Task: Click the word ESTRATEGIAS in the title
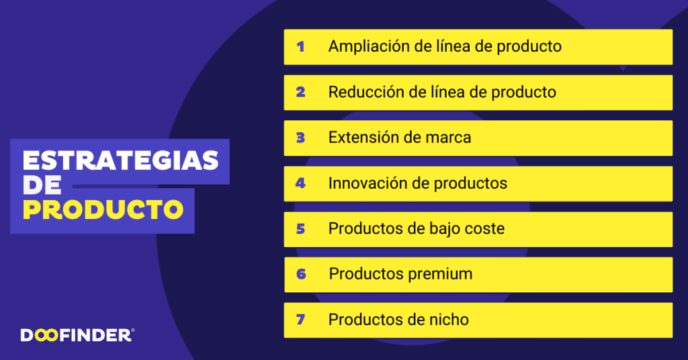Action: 121,161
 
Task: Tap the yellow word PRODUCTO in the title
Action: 103,210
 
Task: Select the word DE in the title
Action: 42,185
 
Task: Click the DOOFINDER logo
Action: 77,335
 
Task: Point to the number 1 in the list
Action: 300,46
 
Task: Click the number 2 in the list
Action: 300,92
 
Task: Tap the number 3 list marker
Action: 300,138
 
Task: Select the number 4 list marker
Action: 300,183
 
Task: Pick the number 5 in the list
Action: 300,229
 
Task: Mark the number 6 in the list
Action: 301,274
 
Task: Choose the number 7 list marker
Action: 300,319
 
